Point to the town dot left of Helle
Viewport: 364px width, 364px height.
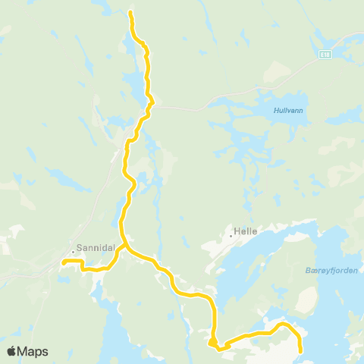pos(231,235)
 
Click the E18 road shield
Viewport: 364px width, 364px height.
pos(325,55)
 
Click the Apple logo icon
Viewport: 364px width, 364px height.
pos(12,351)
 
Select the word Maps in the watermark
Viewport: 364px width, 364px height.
pos(33,351)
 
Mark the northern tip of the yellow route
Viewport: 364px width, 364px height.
pos(130,13)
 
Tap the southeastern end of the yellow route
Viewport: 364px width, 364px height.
pos(301,351)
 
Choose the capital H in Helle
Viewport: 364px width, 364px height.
pos(237,235)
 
